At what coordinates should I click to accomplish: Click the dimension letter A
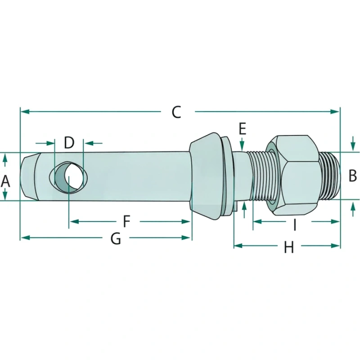point(5,181)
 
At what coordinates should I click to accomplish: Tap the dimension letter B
point(352,175)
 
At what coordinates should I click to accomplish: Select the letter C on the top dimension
point(176,112)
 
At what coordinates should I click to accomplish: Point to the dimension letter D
point(69,143)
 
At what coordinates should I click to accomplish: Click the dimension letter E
point(243,129)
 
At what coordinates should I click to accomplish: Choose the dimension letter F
point(126,221)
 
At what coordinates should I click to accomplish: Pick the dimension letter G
point(116,238)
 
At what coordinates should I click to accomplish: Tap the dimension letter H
point(289,247)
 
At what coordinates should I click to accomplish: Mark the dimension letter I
point(295,225)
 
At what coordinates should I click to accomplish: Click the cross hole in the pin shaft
point(69,177)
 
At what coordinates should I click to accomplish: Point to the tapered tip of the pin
point(29,176)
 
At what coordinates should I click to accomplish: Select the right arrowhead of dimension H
point(335,246)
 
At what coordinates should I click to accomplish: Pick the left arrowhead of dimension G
point(25,238)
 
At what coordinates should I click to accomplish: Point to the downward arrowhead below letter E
point(242,146)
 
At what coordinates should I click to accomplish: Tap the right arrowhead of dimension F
point(186,221)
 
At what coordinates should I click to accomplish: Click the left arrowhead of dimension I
point(257,221)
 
